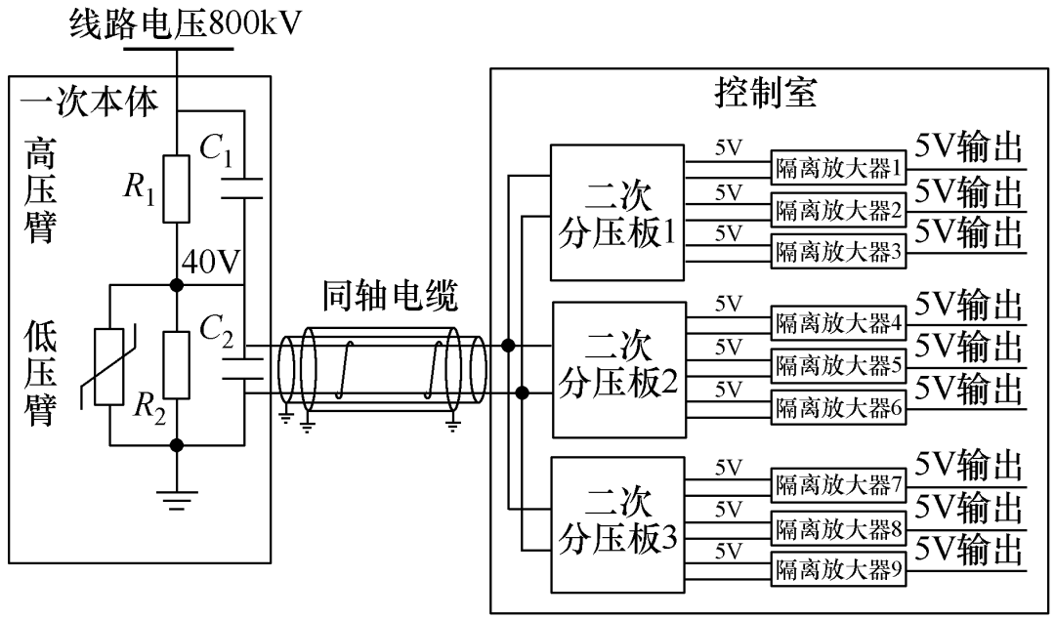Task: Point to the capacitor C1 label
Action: [x=217, y=152]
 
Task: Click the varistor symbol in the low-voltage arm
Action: [x=107, y=365]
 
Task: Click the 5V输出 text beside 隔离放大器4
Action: [x=968, y=305]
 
